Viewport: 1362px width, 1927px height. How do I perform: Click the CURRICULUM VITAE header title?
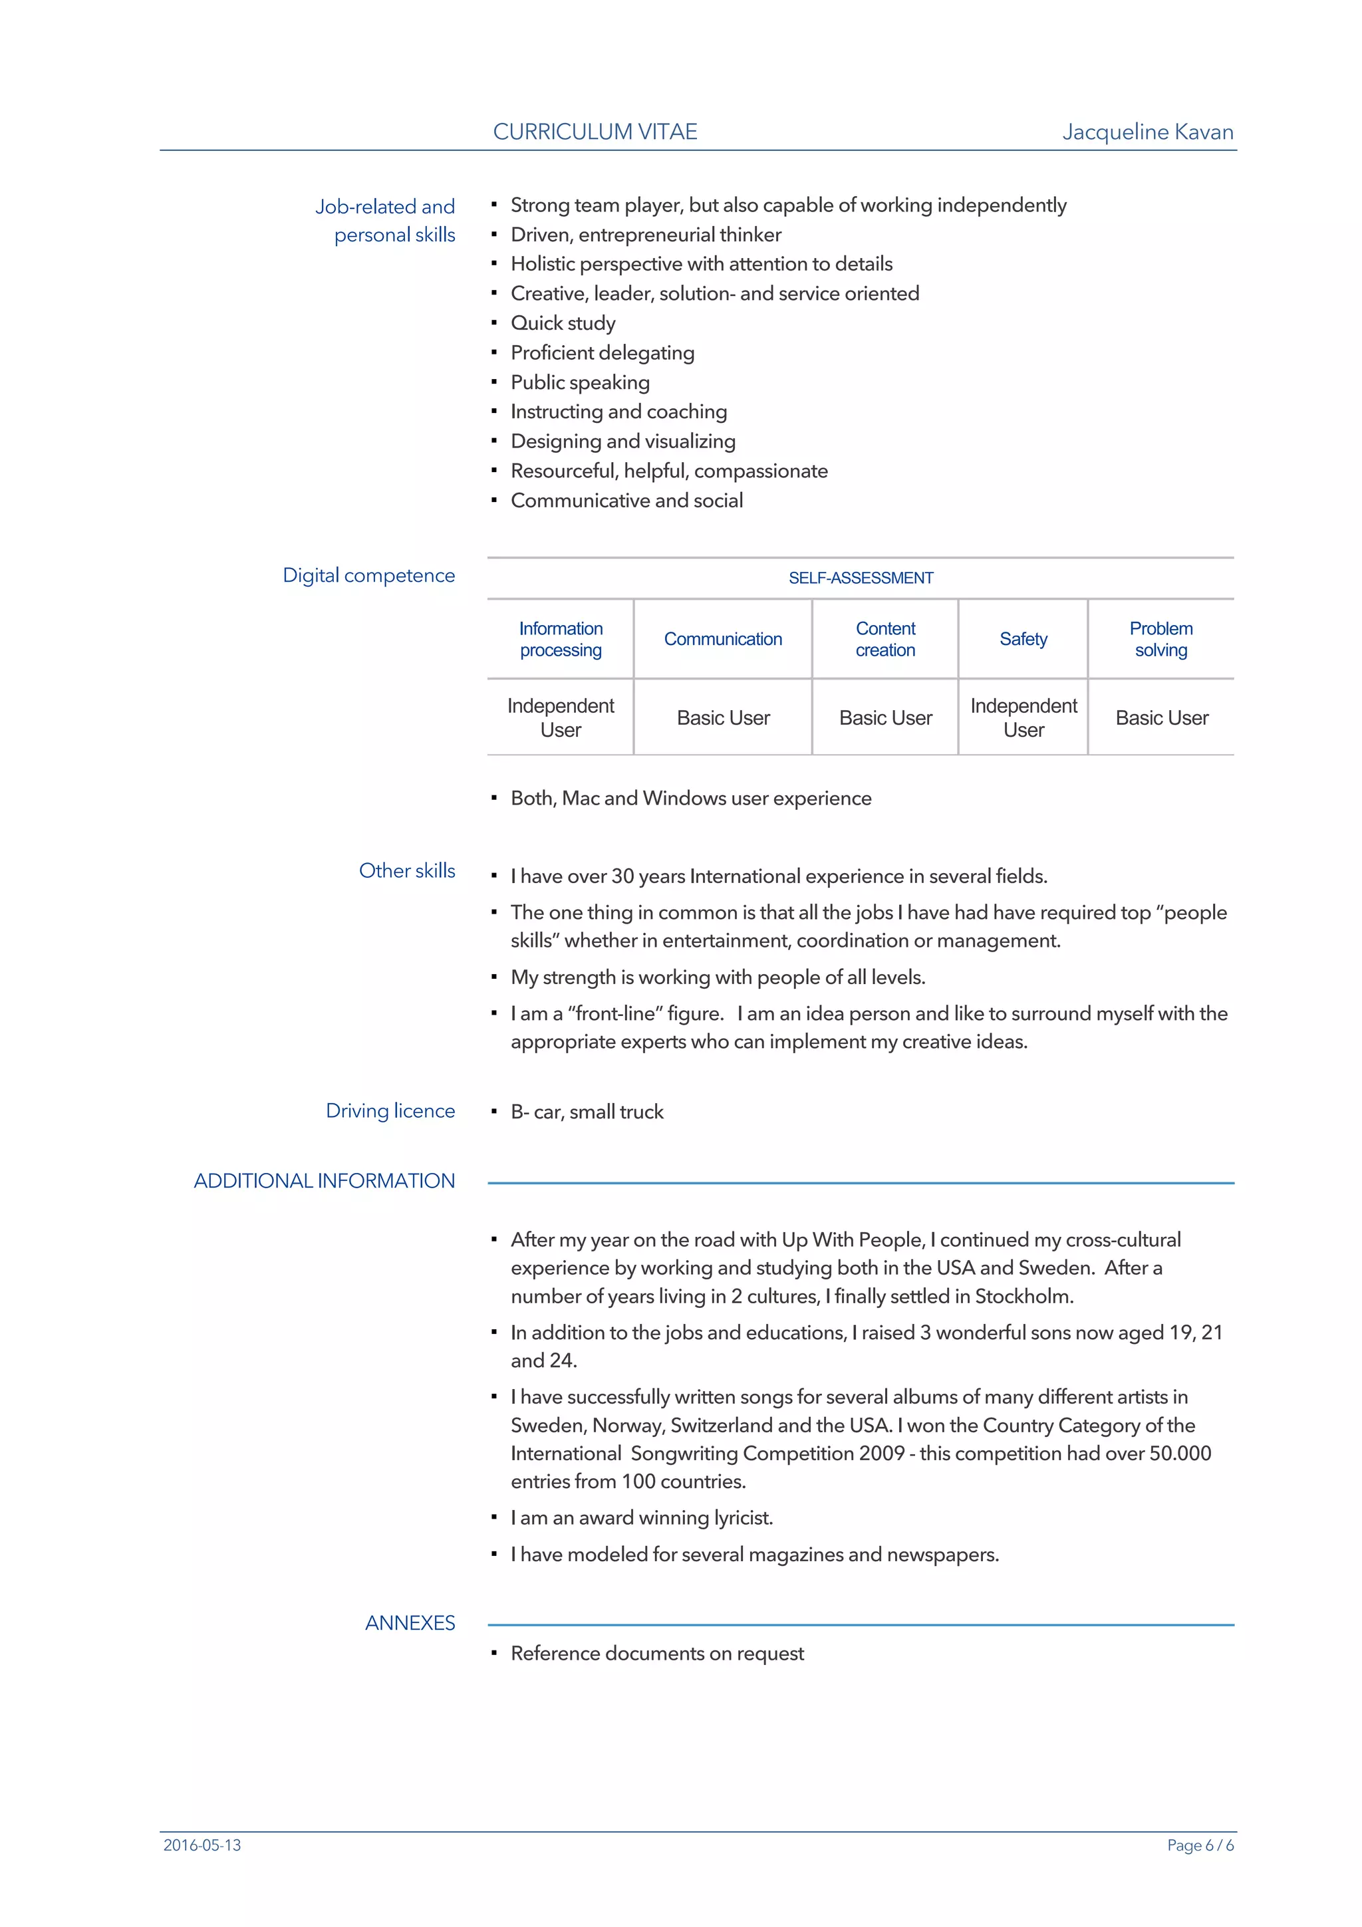(595, 132)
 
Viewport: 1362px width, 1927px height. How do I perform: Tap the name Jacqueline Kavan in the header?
(1147, 132)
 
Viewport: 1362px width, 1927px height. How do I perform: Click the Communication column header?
(722, 639)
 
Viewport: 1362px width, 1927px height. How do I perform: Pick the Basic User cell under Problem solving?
(1161, 717)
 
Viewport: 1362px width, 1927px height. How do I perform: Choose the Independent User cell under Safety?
(1023, 717)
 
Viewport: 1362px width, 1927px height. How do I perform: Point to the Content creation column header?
(885, 639)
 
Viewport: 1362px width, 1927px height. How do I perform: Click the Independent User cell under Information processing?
(561, 717)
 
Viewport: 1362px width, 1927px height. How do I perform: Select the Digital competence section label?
(368, 576)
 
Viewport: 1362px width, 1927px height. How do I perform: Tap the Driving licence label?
(390, 1110)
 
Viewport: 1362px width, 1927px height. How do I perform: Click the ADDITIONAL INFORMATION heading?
(324, 1181)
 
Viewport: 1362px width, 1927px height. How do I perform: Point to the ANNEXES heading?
(410, 1622)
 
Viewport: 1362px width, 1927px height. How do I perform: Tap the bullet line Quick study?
(563, 323)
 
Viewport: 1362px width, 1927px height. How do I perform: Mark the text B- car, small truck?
(587, 1111)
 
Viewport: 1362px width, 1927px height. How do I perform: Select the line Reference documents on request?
(657, 1654)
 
